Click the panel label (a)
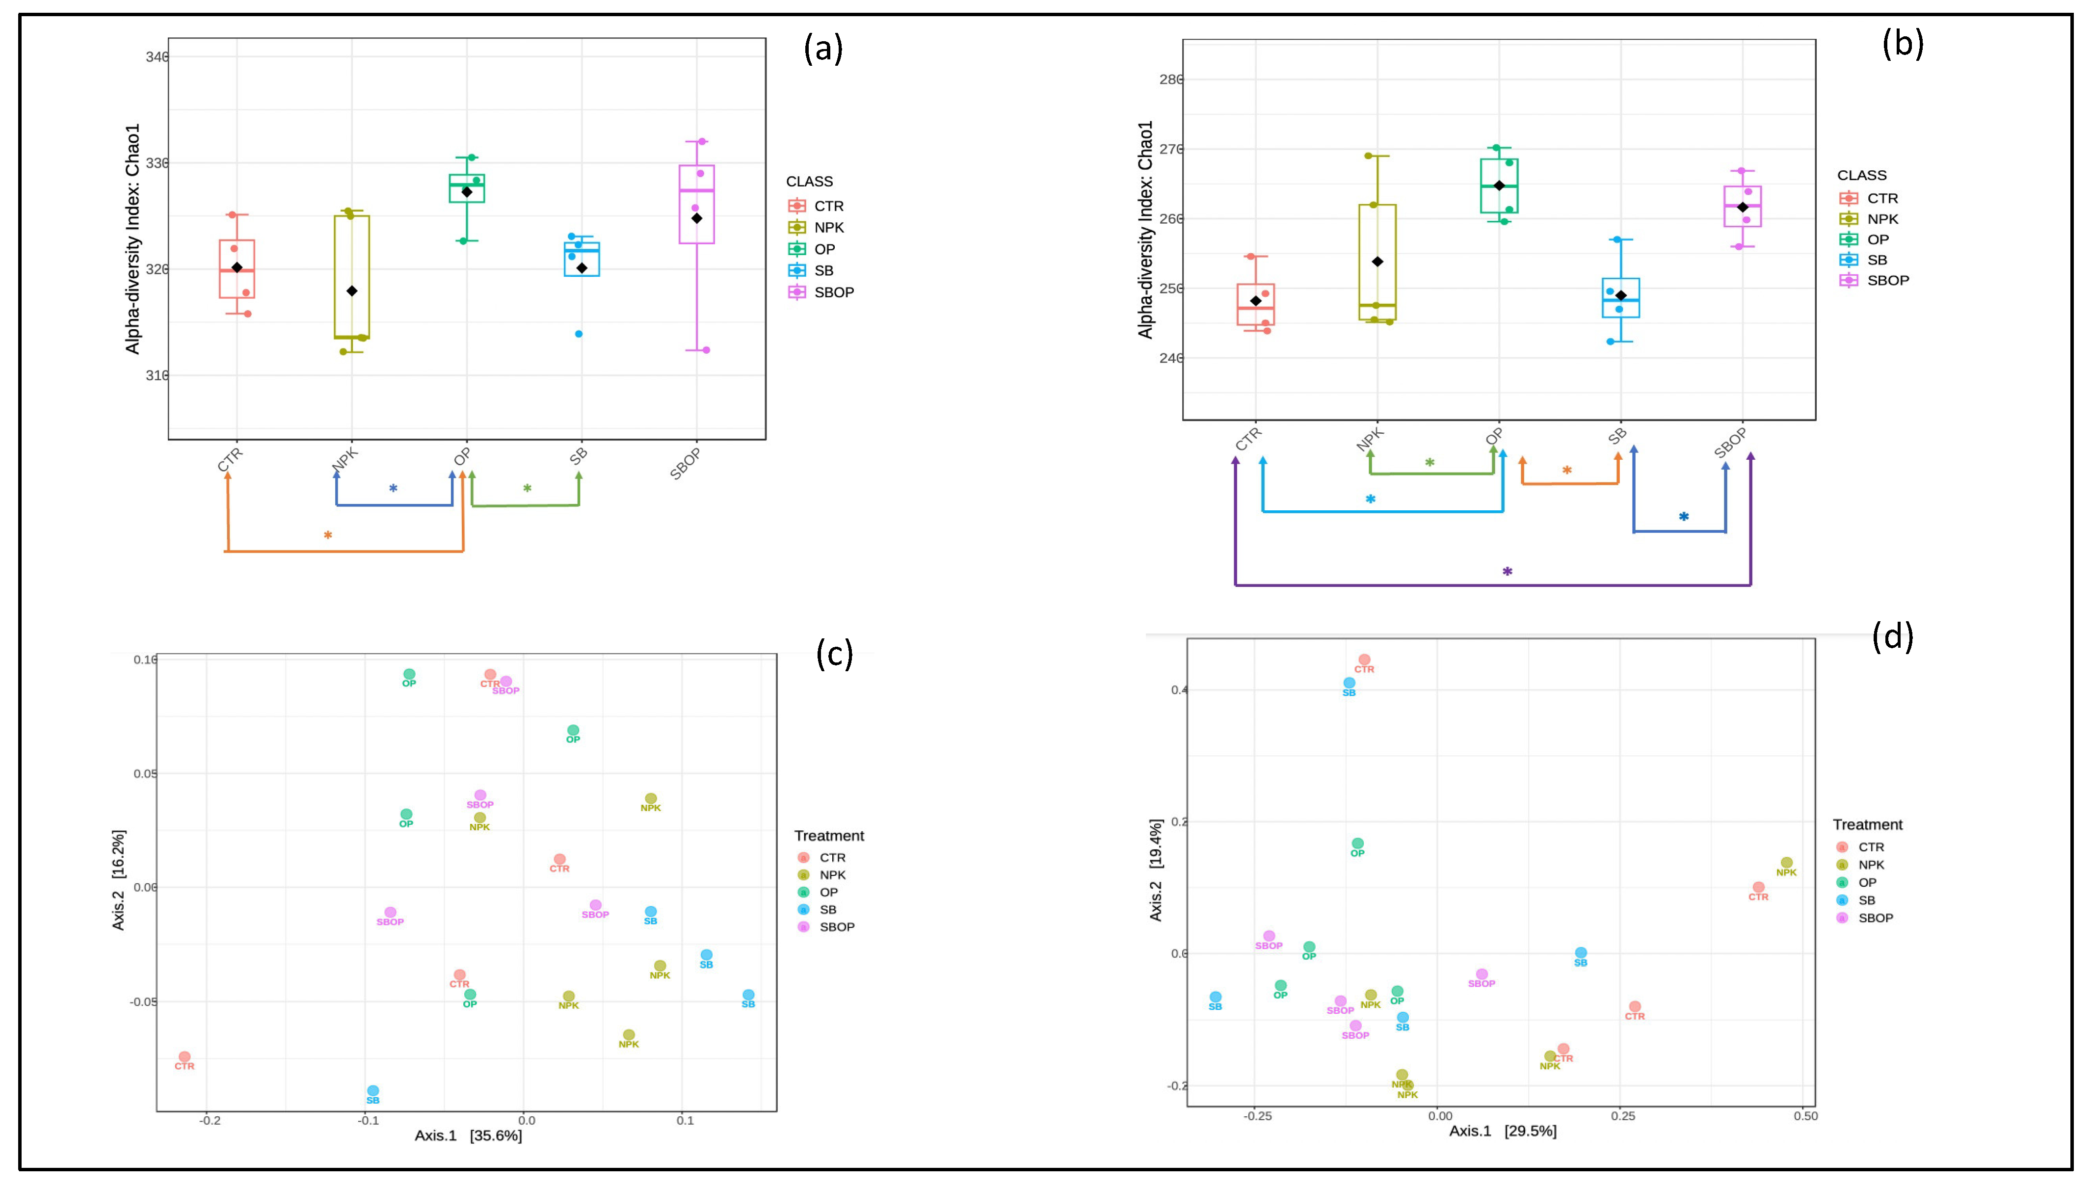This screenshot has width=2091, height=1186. tap(823, 49)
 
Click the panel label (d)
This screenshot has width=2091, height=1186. tap(1892, 636)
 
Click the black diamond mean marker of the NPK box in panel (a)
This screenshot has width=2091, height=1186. tap(352, 291)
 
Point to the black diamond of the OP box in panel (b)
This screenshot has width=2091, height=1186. tap(1499, 185)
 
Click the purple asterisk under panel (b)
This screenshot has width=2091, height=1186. tap(1507, 572)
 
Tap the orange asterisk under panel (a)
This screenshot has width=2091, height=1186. tap(327, 535)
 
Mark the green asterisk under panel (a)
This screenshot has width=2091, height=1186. tap(527, 489)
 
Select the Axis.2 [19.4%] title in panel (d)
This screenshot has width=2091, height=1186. tap(1156, 870)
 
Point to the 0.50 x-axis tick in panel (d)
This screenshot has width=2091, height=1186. tap(1805, 1116)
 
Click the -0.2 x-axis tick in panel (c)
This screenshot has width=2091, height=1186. tap(210, 1120)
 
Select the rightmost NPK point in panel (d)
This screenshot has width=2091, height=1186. tap(1786, 863)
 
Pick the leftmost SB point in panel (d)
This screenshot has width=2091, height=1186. tap(1216, 997)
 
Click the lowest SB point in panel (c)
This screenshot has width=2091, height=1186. tap(373, 1091)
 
